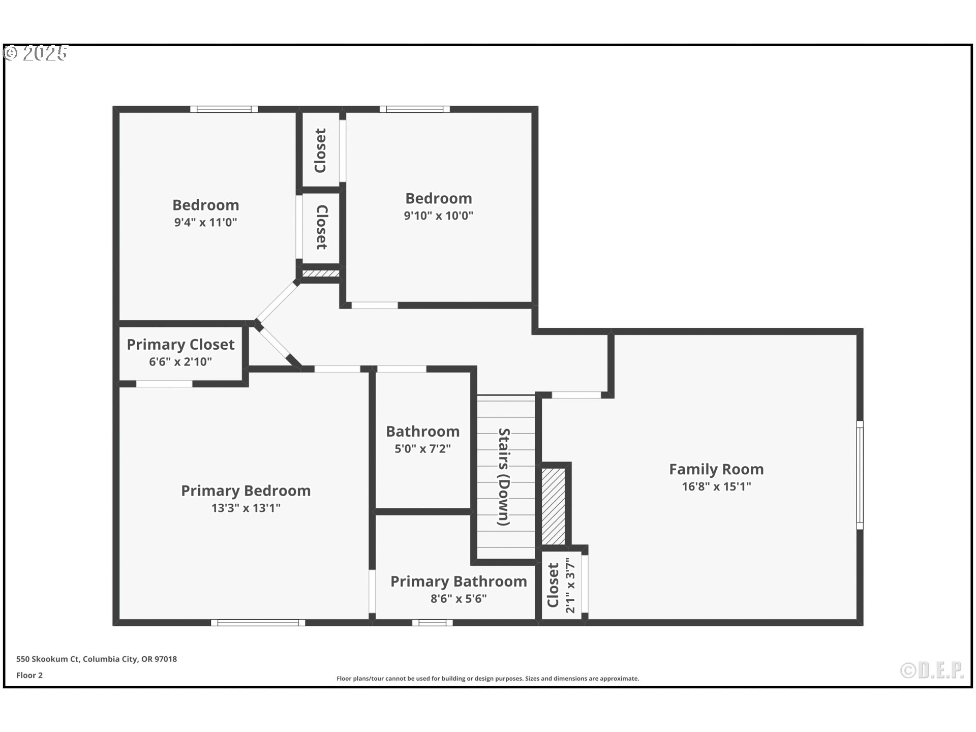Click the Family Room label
click(x=716, y=469)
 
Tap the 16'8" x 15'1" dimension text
click(x=716, y=486)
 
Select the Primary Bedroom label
click(x=246, y=491)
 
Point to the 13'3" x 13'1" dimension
click(x=246, y=508)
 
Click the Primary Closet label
click(x=180, y=345)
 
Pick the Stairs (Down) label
click(x=504, y=477)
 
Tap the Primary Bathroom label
click(x=459, y=582)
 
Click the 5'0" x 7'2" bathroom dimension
click(x=423, y=449)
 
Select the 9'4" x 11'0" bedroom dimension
click(x=206, y=222)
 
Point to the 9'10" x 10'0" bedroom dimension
click(x=439, y=216)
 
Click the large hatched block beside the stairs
click(x=553, y=506)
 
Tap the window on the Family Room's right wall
click(x=860, y=475)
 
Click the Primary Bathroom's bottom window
click(x=432, y=623)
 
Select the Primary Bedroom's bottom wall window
click(x=258, y=623)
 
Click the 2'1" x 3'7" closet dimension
click(x=570, y=586)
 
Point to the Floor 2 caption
click(x=29, y=676)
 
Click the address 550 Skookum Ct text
click(x=48, y=659)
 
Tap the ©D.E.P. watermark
click(x=932, y=670)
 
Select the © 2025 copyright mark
click(x=36, y=53)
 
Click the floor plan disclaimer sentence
click(x=488, y=679)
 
